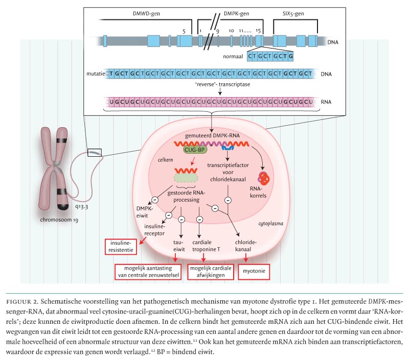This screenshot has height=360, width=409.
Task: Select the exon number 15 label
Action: [259, 31]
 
